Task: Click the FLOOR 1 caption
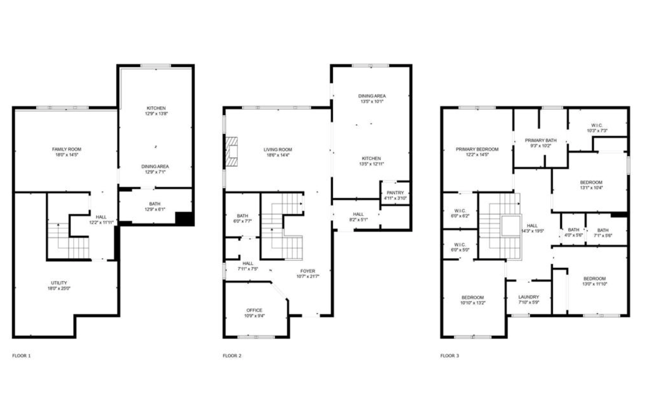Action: pyautogui.click(x=21, y=356)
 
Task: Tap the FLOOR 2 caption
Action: pyautogui.click(x=232, y=356)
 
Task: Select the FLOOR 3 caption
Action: pyautogui.click(x=450, y=356)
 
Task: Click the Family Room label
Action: pyautogui.click(x=66, y=149)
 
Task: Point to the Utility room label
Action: pyautogui.click(x=59, y=283)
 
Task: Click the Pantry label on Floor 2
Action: pyautogui.click(x=395, y=193)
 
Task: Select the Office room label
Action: pyautogui.click(x=254, y=310)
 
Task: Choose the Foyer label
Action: pyautogui.click(x=308, y=271)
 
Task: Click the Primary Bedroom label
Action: pyautogui.click(x=477, y=149)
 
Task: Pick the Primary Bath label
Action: pyautogui.click(x=540, y=141)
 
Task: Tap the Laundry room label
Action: pyautogui.click(x=529, y=297)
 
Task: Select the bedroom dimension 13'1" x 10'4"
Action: pyautogui.click(x=591, y=188)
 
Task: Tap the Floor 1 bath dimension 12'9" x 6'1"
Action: pyautogui.click(x=155, y=209)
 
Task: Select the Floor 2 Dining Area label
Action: pyautogui.click(x=372, y=96)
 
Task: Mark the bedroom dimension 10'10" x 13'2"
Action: pyautogui.click(x=473, y=303)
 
